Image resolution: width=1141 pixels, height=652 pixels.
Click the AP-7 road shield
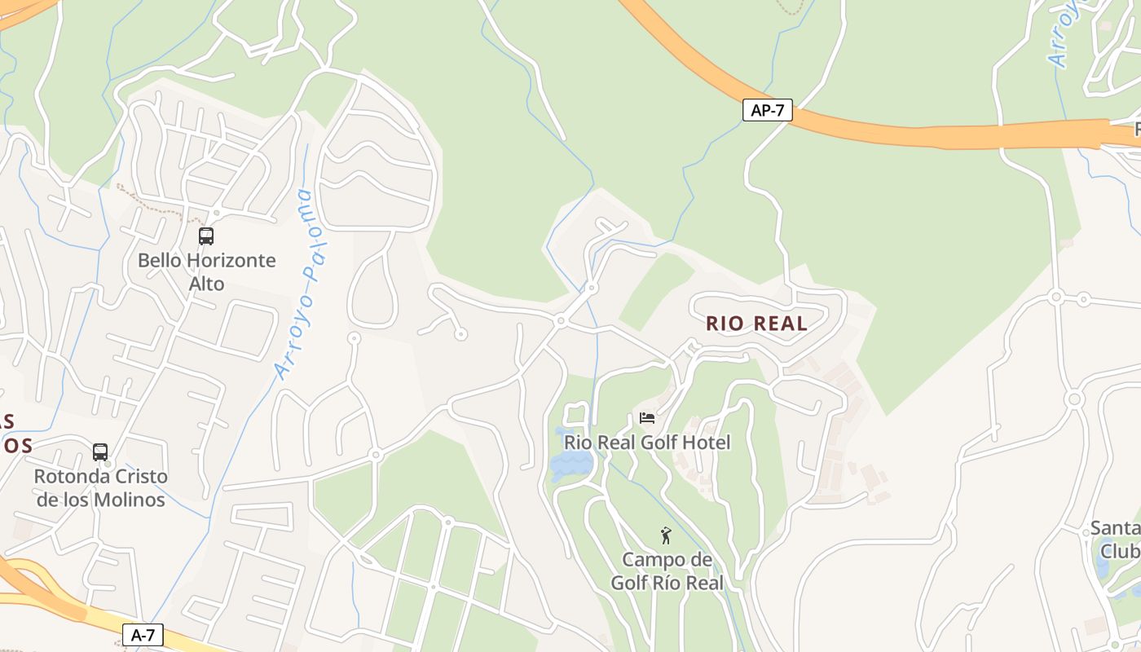pyautogui.click(x=767, y=110)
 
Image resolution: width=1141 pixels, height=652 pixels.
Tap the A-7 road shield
pyautogui.click(x=143, y=635)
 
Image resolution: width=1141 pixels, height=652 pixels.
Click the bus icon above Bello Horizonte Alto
pyautogui.click(x=206, y=236)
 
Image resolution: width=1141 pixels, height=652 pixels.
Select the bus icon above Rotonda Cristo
pyautogui.click(x=100, y=452)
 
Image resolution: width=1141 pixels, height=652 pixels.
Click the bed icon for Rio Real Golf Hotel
pyautogui.click(x=647, y=418)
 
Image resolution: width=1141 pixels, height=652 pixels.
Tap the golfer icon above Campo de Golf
pyautogui.click(x=666, y=535)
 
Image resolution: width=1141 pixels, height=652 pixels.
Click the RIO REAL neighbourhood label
pyautogui.click(x=756, y=324)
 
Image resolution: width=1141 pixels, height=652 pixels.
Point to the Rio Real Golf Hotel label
pyautogui.click(x=647, y=443)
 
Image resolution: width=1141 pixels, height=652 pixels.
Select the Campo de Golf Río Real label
pyautogui.click(x=667, y=571)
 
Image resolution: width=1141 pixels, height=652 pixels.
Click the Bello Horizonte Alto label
pyautogui.click(x=206, y=272)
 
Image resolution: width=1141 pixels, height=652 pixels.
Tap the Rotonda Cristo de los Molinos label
pyautogui.click(x=100, y=487)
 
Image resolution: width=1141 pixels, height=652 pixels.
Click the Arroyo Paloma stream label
pyautogui.click(x=294, y=285)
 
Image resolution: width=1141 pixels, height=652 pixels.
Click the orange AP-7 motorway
pyautogui.click(x=896, y=132)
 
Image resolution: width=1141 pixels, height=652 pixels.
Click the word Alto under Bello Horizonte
pyautogui.click(x=206, y=284)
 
